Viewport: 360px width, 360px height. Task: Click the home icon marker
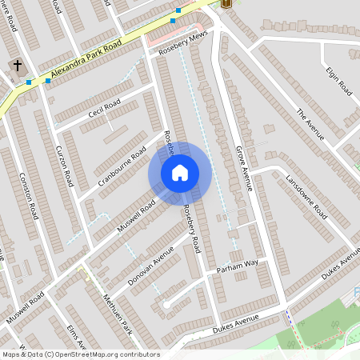point(180,173)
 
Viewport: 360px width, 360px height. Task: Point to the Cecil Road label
point(104,108)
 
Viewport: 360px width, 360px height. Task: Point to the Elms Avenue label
point(74,336)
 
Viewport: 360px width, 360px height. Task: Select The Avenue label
point(310,123)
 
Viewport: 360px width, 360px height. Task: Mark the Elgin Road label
point(339,81)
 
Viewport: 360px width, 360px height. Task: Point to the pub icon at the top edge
point(225,3)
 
